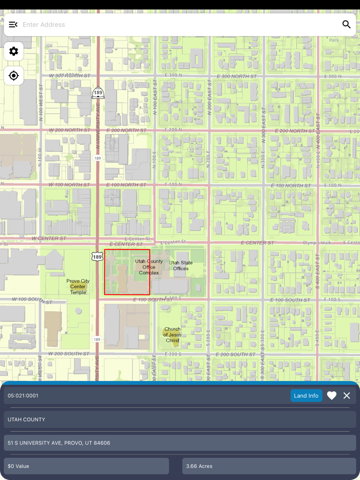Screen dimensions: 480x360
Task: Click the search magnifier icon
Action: [346, 24]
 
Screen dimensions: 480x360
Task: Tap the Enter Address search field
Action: [175, 24]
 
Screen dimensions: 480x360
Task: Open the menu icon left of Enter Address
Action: [13, 24]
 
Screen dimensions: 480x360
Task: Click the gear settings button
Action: [14, 51]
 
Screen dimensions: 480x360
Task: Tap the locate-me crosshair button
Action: [14, 76]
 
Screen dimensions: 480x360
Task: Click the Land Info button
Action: [306, 396]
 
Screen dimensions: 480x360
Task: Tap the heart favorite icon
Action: [332, 396]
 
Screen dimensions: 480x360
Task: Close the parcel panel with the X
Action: [347, 396]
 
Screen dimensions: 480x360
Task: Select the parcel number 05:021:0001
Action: [23, 396]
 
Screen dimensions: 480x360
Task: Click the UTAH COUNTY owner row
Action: [26, 419]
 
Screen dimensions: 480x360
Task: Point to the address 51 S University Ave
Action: [59, 442]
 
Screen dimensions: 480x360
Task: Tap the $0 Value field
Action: [19, 466]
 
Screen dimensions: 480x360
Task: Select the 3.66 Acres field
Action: [199, 466]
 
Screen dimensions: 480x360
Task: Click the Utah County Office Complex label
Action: [149, 267]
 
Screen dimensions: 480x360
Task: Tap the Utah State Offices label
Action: [181, 265]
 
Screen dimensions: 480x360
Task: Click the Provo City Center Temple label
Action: [78, 287]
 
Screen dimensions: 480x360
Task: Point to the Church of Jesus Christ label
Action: [172, 334]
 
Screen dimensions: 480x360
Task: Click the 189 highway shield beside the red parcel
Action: [97, 256]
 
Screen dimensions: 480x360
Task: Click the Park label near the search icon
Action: [334, 40]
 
